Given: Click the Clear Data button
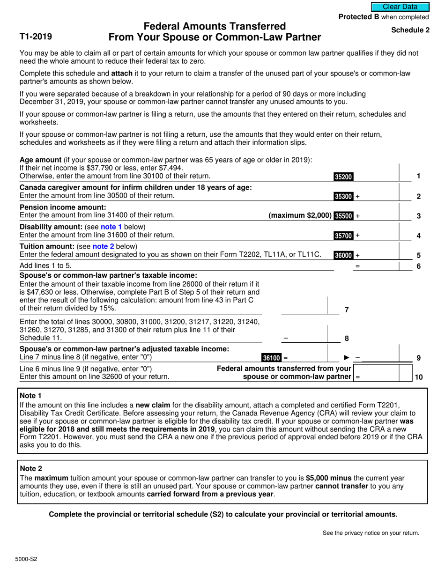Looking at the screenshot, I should (x=400, y=7).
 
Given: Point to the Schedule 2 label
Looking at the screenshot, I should (x=410, y=30).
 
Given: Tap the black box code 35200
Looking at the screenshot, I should (x=343, y=177).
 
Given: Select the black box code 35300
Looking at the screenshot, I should (x=343, y=197).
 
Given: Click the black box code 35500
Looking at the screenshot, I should (x=343, y=216).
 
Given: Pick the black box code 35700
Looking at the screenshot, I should (x=343, y=236).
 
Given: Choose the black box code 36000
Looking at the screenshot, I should (x=343, y=255).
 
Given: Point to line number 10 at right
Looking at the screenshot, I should (x=418, y=377).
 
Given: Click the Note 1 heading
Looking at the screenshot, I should (x=31, y=396).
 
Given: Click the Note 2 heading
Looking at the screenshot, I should (x=31, y=468).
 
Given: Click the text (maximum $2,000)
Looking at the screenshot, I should (x=300, y=216).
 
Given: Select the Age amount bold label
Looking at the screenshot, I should (x=41, y=159).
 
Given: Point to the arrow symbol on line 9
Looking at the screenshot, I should (x=347, y=358).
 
